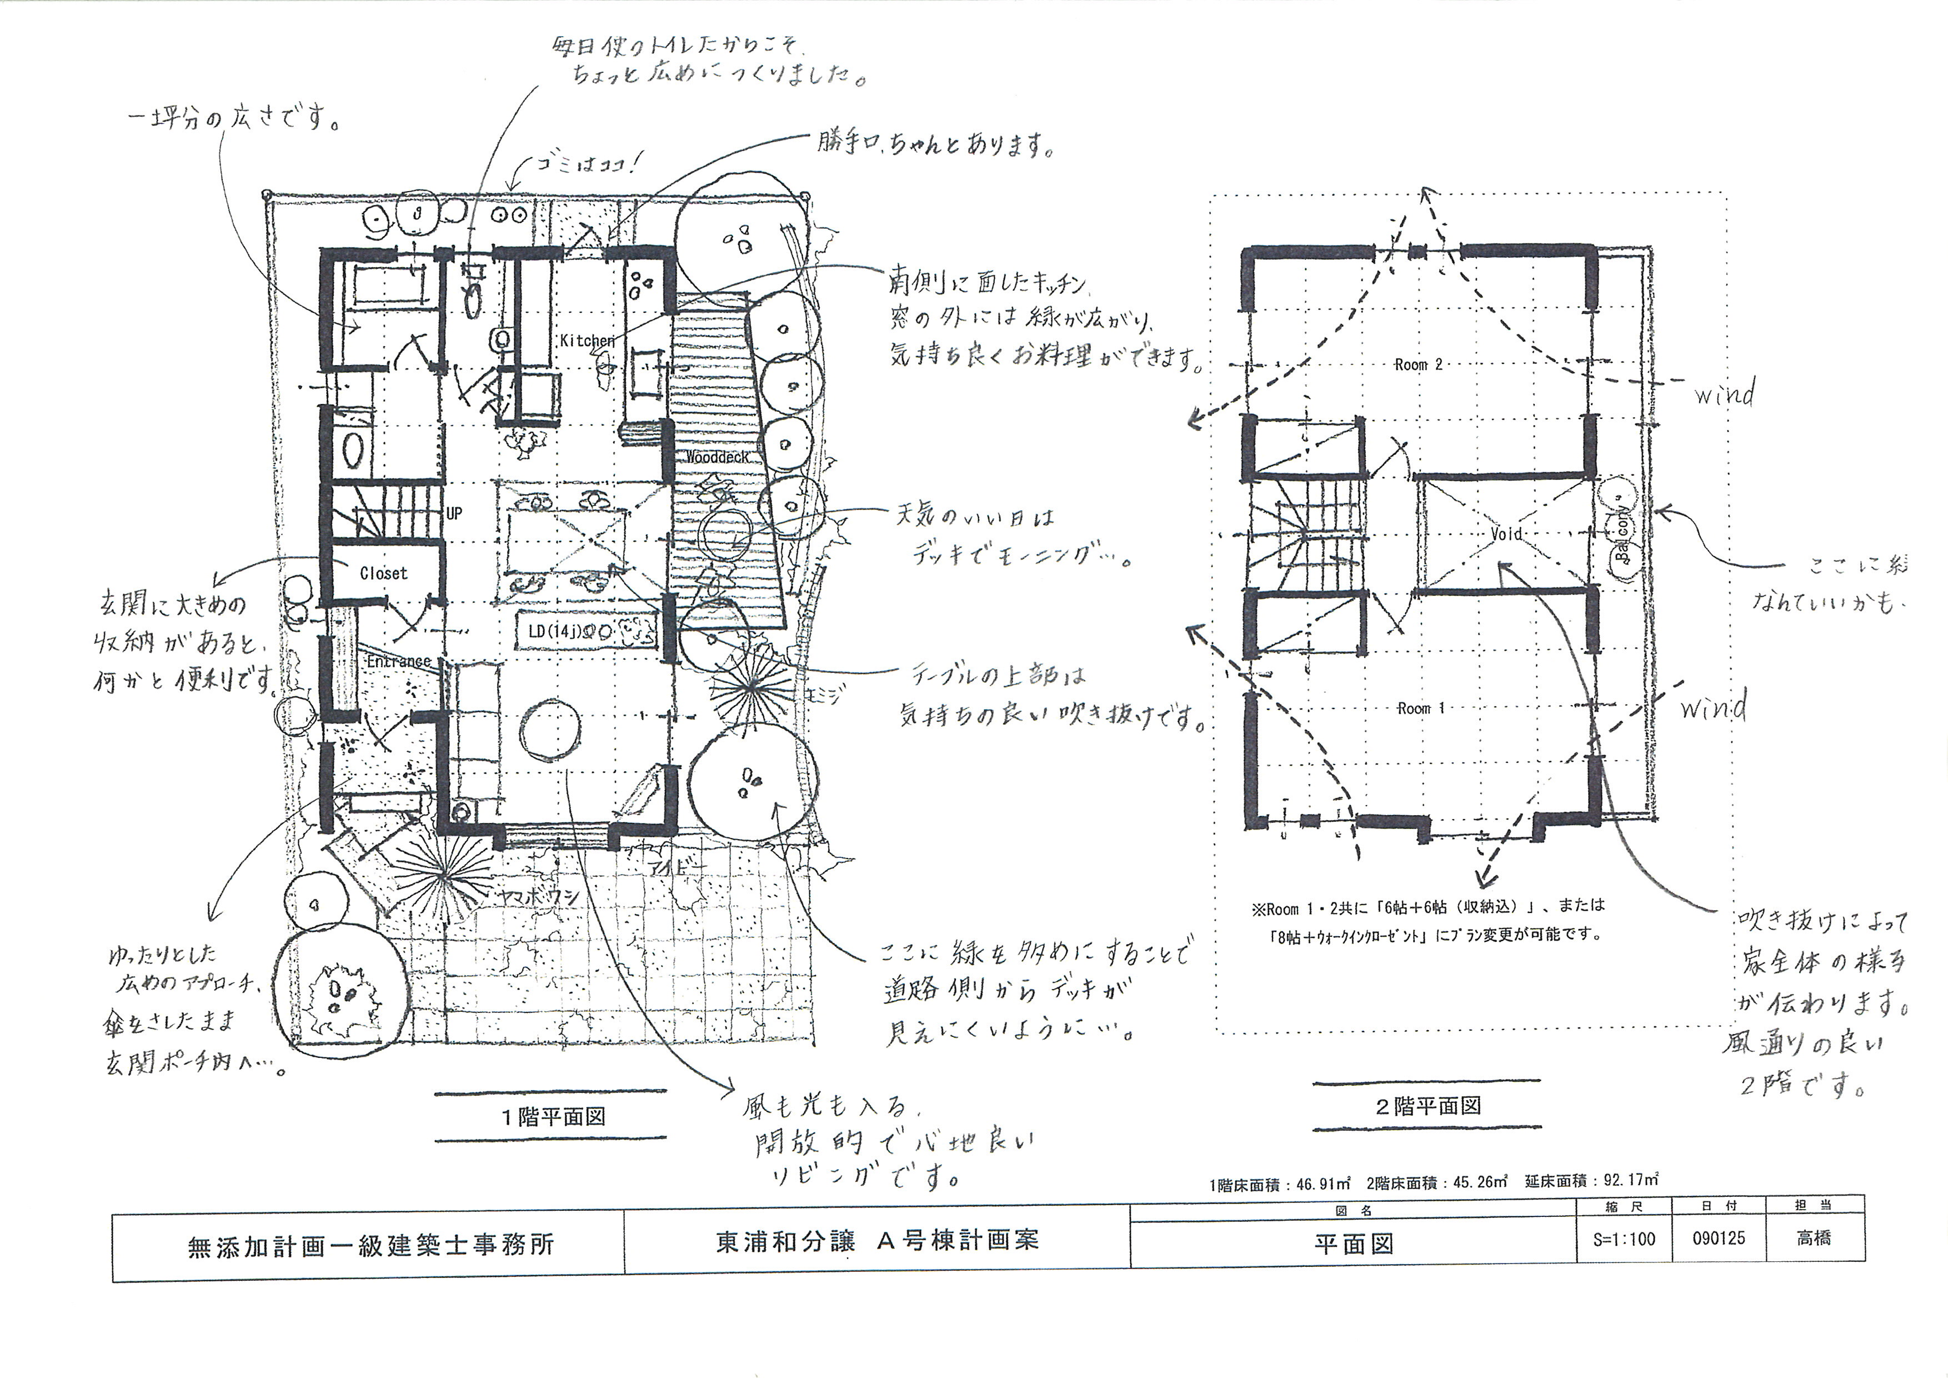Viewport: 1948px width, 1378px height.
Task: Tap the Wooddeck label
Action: [x=717, y=457]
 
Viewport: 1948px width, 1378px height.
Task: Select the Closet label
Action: [x=383, y=573]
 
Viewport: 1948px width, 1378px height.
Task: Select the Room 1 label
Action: [x=1421, y=708]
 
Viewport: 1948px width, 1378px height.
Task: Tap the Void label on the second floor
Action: [x=1506, y=534]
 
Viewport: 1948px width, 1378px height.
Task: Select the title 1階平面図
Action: [x=552, y=1117]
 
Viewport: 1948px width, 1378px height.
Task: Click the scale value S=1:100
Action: [x=1624, y=1239]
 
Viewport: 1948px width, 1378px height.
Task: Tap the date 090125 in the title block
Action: [x=1719, y=1238]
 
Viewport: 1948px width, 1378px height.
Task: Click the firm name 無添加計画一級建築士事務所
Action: [x=370, y=1245]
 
